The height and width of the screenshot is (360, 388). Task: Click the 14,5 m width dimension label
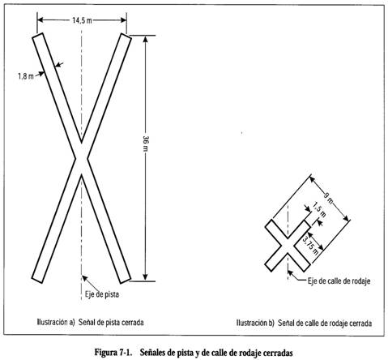point(82,20)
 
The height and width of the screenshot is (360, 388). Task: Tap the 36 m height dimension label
point(146,144)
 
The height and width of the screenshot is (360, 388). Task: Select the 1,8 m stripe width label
point(26,76)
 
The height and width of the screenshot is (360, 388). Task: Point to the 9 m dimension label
point(328,199)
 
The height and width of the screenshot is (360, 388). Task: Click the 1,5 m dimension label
point(319,210)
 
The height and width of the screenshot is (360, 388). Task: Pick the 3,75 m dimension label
point(310,246)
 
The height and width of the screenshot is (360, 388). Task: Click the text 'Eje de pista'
point(102,294)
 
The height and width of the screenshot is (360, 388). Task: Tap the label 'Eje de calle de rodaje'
point(339,281)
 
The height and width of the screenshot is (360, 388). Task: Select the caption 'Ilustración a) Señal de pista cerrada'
point(90,322)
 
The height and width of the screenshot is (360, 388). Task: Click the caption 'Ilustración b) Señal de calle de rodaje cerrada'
point(304,323)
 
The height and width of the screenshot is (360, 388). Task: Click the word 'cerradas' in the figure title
point(278,353)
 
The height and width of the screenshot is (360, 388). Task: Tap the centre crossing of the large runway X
point(81,159)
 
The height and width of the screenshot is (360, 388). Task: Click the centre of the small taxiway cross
point(288,246)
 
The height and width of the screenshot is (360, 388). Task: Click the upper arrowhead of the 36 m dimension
point(145,39)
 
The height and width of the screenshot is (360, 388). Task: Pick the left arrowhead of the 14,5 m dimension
point(41,19)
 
